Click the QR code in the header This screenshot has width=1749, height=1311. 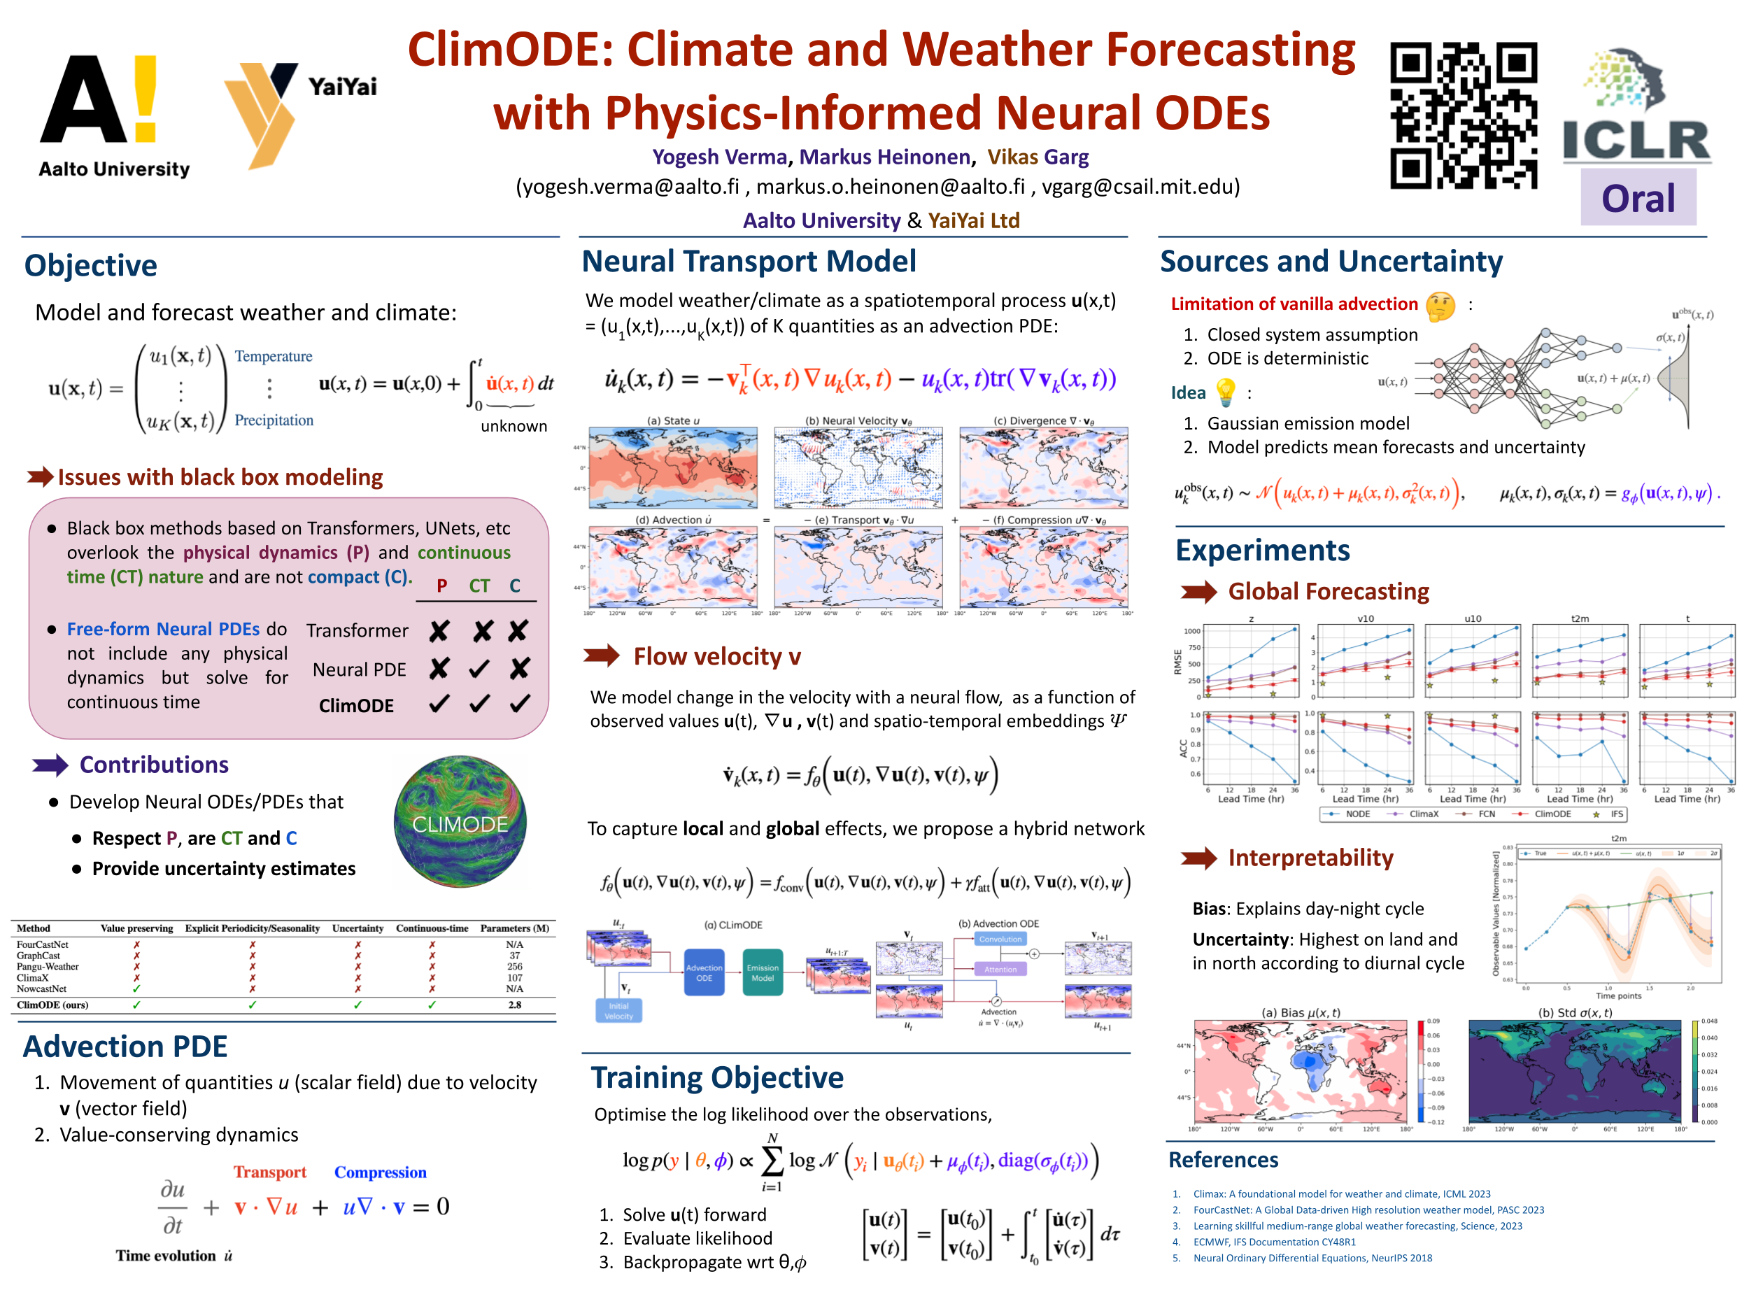(x=1464, y=115)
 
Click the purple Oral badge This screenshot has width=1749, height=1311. (x=1638, y=198)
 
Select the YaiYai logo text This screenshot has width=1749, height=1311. (x=341, y=86)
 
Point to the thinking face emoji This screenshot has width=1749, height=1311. (x=1440, y=305)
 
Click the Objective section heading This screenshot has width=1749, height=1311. (x=91, y=266)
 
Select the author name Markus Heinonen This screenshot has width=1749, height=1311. (x=884, y=157)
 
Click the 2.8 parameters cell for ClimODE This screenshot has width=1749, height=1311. (x=515, y=1005)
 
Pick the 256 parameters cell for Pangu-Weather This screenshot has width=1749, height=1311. (x=515, y=966)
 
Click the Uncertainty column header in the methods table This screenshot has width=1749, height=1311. (x=357, y=928)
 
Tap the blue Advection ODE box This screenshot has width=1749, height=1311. (x=704, y=972)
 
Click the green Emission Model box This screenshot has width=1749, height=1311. (x=763, y=972)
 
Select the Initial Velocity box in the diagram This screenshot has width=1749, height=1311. (x=618, y=1010)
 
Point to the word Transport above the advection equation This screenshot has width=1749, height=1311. (x=269, y=1172)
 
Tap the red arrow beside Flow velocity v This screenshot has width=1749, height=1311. (x=602, y=655)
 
